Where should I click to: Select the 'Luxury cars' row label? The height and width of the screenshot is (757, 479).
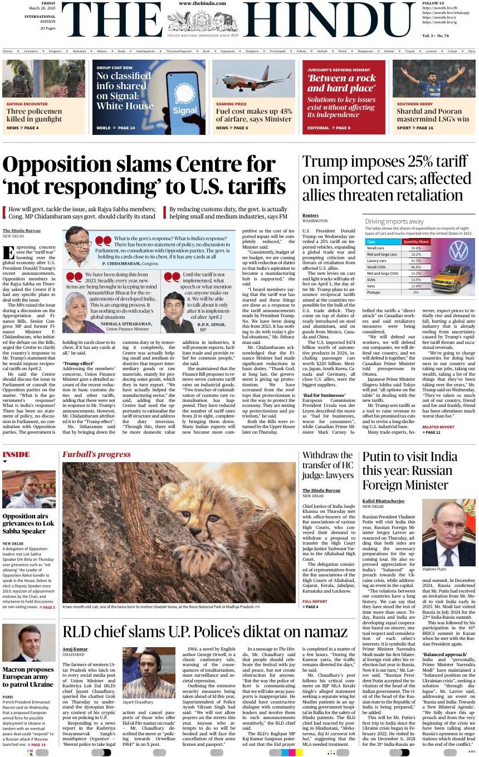pos(377,261)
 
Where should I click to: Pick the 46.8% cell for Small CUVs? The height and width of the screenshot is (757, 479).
pos(416,267)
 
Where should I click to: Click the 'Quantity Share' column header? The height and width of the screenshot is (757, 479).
pos(416,242)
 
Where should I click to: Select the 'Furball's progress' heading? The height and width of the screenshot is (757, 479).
pos(96,454)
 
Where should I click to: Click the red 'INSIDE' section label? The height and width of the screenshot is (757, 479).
pos(16,454)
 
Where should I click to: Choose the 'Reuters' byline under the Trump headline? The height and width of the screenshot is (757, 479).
pos(310,215)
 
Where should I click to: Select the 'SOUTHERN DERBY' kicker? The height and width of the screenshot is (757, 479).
pos(415,104)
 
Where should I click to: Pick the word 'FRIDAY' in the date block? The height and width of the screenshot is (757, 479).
pos(48,3)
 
